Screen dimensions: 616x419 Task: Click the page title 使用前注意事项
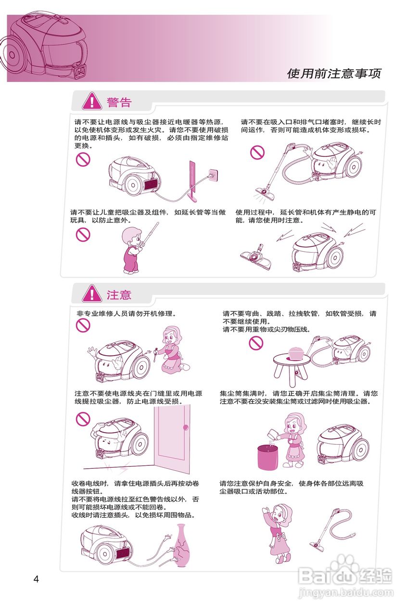[x=334, y=74]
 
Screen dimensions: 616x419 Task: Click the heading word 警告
[x=119, y=102]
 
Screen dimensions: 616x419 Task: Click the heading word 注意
[x=119, y=295]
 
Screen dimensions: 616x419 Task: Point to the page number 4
[x=36, y=578]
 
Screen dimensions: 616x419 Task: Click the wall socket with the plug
[x=212, y=173]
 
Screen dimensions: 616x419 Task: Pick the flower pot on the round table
[x=296, y=352]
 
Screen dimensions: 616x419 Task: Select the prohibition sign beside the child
[x=83, y=234]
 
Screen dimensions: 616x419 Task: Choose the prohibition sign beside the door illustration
[x=83, y=419]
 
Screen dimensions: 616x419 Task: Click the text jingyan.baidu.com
[x=345, y=593]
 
